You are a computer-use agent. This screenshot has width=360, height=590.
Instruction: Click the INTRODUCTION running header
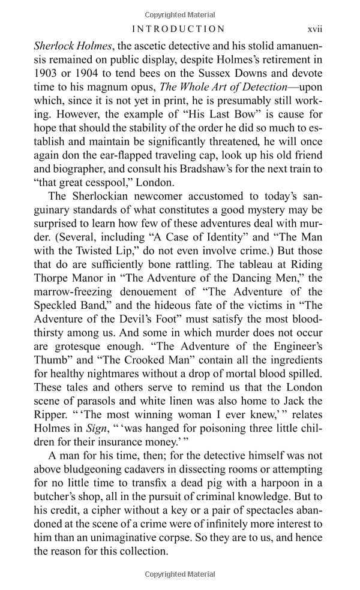[179, 29]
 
